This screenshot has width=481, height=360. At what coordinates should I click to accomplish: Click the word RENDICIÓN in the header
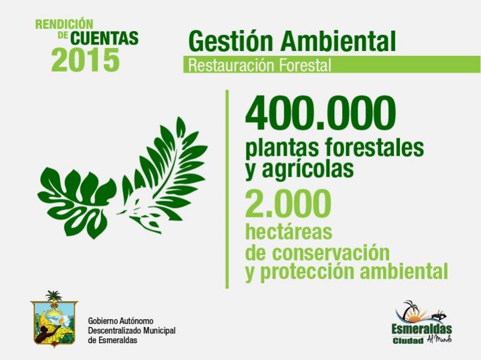pyautogui.click(x=64, y=24)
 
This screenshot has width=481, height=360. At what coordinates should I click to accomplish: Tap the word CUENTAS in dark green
pyautogui.click(x=105, y=38)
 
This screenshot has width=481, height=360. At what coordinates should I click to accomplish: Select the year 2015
pyautogui.click(x=85, y=59)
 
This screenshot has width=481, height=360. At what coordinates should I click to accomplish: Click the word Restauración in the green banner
pyautogui.click(x=227, y=65)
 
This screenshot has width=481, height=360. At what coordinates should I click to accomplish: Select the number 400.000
pyautogui.click(x=320, y=113)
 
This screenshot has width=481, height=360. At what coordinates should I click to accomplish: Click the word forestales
pyautogui.click(x=374, y=147)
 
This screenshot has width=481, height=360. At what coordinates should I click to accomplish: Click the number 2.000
pyautogui.click(x=288, y=203)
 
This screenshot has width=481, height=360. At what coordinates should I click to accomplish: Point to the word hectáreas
pyautogui.click(x=289, y=232)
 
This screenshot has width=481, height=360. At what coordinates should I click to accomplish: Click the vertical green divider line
pyautogui.click(x=227, y=189)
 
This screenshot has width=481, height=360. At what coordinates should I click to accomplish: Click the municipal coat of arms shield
pyautogui.click(x=54, y=320)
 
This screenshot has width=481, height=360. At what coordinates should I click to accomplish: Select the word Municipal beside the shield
pyautogui.click(x=159, y=331)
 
